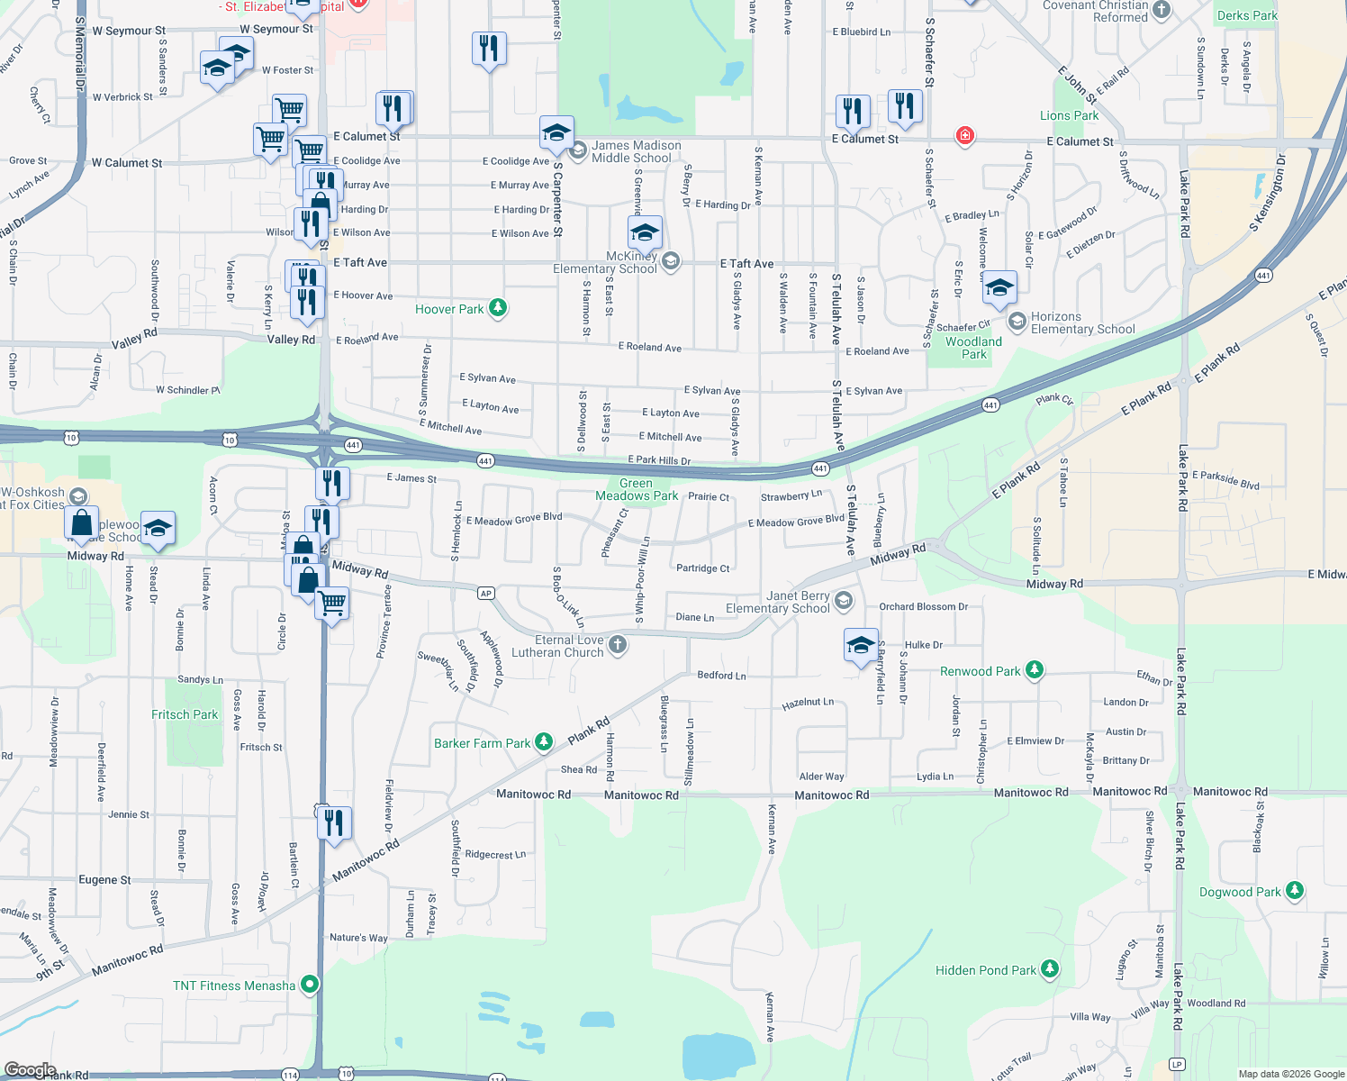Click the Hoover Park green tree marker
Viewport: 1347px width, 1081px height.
click(x=498, y=309)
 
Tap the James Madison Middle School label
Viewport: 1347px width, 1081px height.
click(x=636, y=151)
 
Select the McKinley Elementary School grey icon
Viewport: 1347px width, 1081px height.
click(x=669, y=262)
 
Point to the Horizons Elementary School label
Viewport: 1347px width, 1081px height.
click(x=1082, y=323)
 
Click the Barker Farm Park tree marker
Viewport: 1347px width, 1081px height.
click(x=544, y=742)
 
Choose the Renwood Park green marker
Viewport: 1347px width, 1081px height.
click(x=1035, y=670)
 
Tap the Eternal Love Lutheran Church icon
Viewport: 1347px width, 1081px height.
click(x=618, y=644)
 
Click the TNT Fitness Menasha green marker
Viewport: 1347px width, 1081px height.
click(x=310, y=985)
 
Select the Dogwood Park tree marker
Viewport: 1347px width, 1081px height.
click(x=1295, y=891)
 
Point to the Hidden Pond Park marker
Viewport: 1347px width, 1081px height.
click(x=1050, y=969)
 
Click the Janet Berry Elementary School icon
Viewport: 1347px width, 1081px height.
click(x=844, y=600)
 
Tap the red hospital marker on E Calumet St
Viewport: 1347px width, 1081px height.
click(x=965, y=136)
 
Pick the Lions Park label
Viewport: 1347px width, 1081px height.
click(x=1069, y=115)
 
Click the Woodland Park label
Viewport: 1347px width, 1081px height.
click(x=973, y=348)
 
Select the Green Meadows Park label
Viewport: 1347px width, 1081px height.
click(x=637, y=489)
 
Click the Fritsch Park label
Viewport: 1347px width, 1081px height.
click(x=185, y=714)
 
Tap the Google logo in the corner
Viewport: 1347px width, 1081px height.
click(x=30, y=1070)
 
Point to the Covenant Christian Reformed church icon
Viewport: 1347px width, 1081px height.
click(x=1162, y=10)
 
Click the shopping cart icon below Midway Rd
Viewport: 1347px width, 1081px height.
click(x=332, y=601)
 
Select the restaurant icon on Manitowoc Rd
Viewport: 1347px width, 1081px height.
click(x=333, y=823)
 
